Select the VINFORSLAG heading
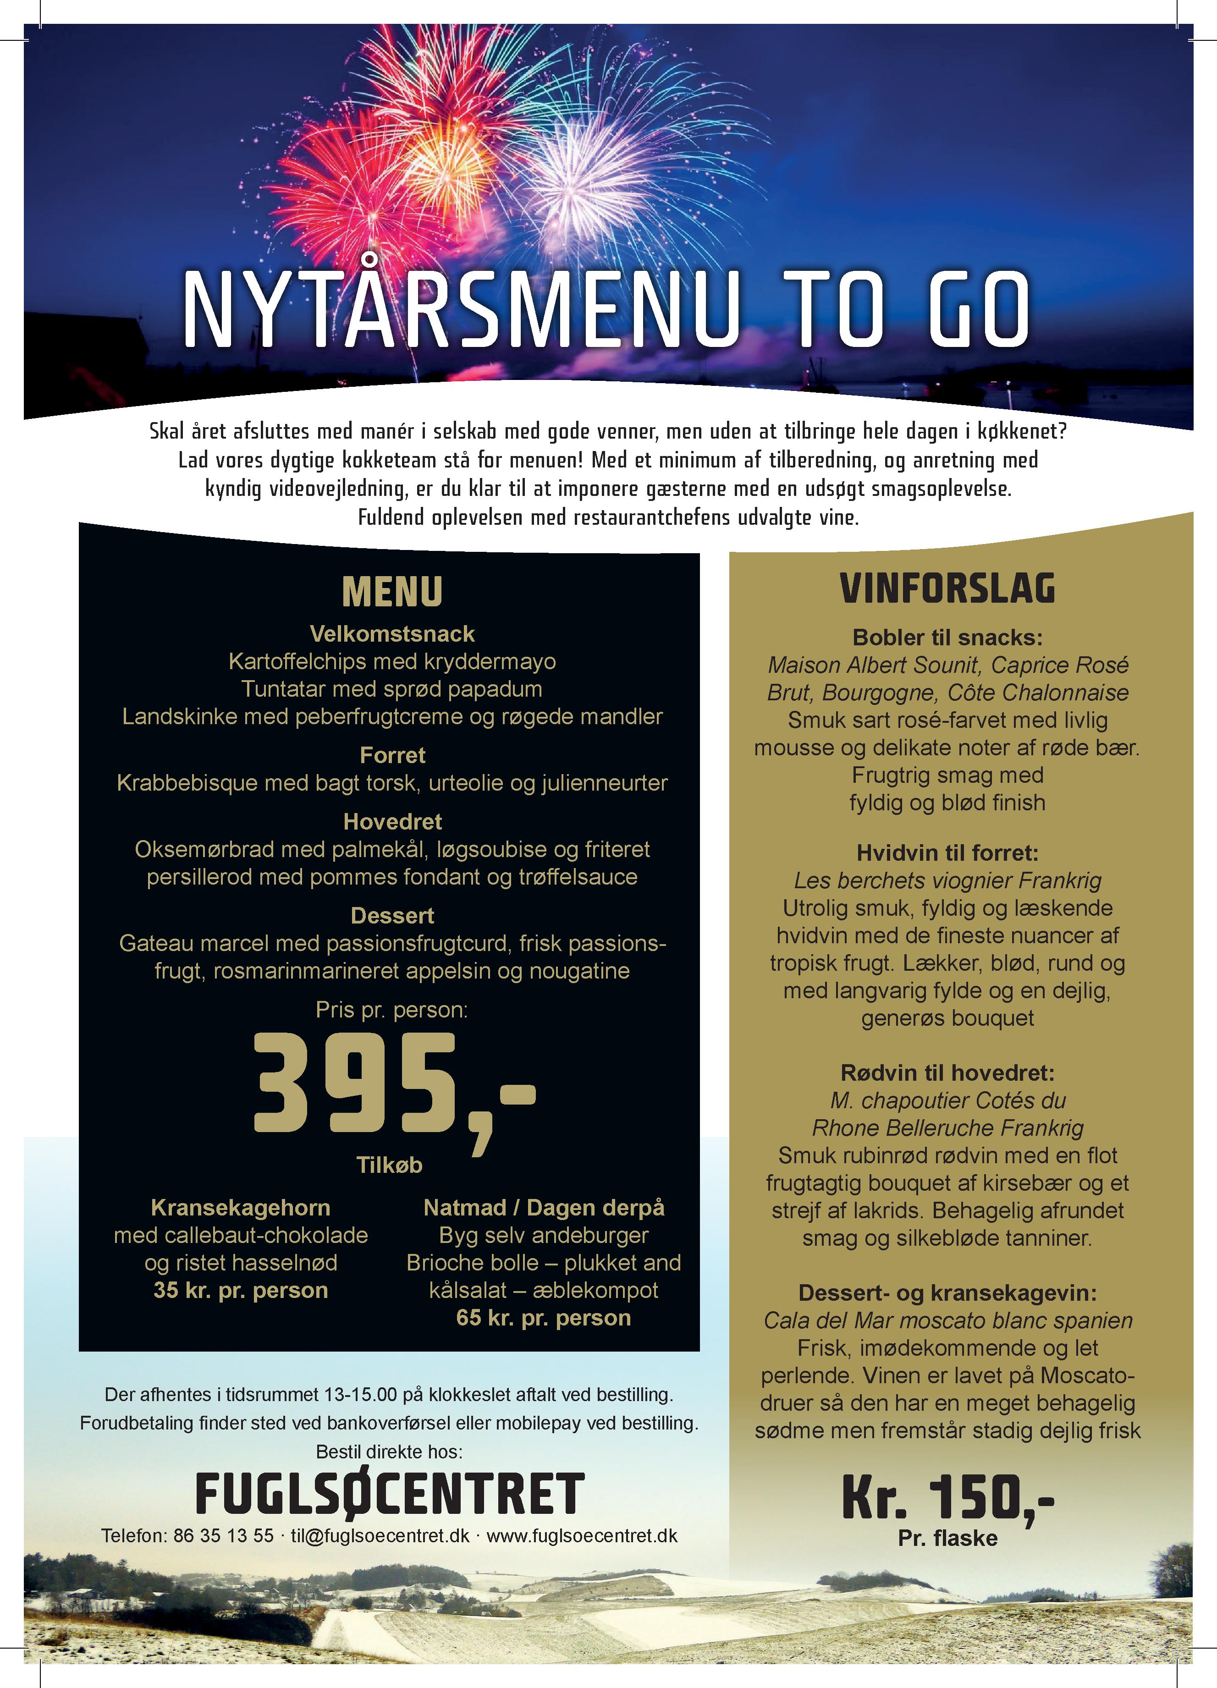click(x=947, y=588)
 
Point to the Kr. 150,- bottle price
click(x=947, y=1497)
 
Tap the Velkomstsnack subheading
click(x=392, y=634)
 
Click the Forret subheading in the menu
click(x=392, y=755)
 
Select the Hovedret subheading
click(x=392, y=822)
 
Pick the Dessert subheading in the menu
click(x=392, y=915)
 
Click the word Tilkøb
click(x=389, y=1165)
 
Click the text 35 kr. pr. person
click(x=241, y=1290)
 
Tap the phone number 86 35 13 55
click(x=223, y=1535)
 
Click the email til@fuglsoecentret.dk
click(x=380, y=1535)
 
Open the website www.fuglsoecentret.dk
click(x=582, y=1535)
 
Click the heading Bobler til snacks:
click(x=947, y=638)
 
